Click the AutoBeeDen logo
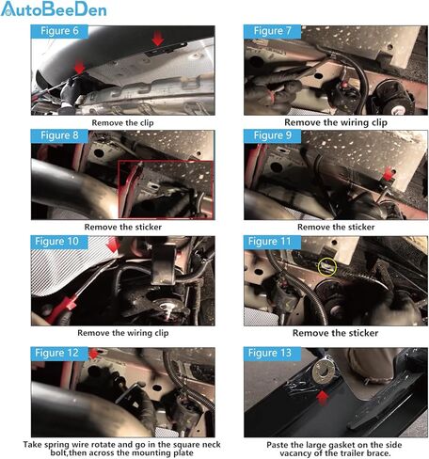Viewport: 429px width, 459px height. pos(54,8)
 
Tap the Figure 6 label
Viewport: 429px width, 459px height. pos(59,31)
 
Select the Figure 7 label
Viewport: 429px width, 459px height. pos(272,31)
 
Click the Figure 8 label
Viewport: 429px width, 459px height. pos(59,135)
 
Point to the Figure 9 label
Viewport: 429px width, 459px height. pos(272,135)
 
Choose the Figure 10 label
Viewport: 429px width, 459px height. pos(59,242)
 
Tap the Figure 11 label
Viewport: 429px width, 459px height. pos(272,242)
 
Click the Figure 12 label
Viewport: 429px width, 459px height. pos(59,354)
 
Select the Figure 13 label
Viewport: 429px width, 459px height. pos(272,354)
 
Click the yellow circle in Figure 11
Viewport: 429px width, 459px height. pos(327,259)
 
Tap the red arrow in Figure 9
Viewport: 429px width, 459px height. pos(389,173)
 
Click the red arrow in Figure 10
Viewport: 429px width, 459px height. pos(113,245)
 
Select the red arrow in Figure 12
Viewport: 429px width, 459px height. pos(94,354)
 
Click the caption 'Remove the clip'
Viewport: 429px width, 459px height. pos(122,123)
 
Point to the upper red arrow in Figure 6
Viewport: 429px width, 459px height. pos(158,39)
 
